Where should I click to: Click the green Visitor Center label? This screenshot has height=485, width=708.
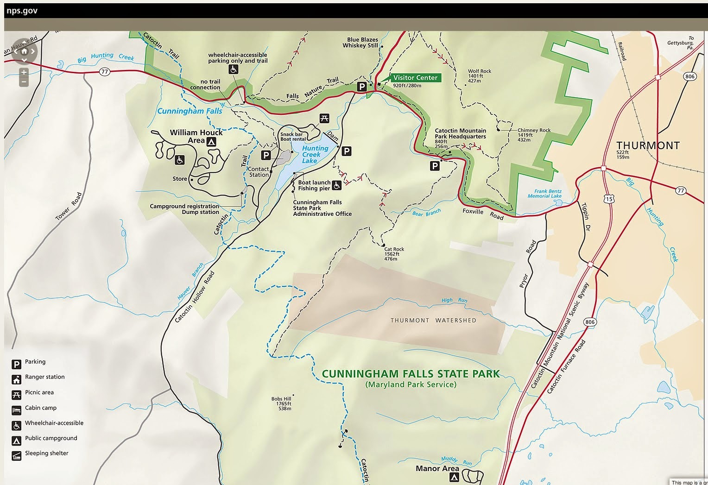[415, 78]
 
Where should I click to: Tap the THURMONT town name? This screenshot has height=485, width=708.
[648, 145]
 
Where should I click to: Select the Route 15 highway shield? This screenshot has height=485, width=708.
[608, 199]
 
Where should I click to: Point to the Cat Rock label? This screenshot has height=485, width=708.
[394, 249]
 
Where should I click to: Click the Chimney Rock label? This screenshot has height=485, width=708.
[534, 130]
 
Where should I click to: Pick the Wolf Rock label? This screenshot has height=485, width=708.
[479, 71]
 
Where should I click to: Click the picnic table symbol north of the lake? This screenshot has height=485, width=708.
[324, 119]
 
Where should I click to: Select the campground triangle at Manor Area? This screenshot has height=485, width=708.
[455, 477]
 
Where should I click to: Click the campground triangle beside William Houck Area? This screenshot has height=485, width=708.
[211, 142]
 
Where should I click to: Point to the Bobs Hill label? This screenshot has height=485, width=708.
[281, 399]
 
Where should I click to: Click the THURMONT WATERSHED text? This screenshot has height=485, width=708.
[433, 321]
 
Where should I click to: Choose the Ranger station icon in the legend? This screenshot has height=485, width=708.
[17, 379]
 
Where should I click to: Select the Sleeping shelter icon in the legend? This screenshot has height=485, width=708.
[17, 456]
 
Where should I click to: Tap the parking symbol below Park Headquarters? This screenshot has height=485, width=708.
[434, 166]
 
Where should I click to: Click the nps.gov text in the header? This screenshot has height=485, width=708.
[22, 11]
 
